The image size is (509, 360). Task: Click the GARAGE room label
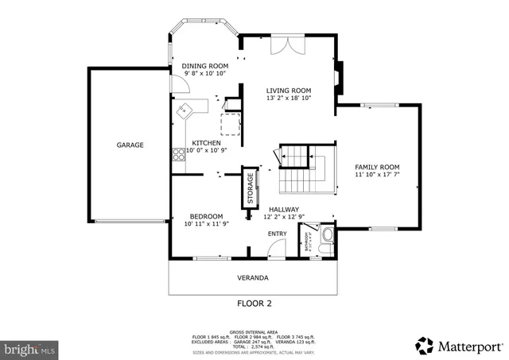pyautogui.click(x=130, y=145)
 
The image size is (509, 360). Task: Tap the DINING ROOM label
pyautogui.click(x=204, y=66)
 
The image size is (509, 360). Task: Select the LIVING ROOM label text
pyautogui.click(x=288, y=91)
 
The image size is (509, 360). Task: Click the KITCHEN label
pyautogui.click(x=206, y=143)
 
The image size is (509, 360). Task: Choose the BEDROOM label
pyautogui.click(x=205, y=216)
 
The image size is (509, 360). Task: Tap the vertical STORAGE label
pyautogui.click(x=249, y=188)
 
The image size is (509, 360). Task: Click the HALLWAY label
pyautogui.click(x=283, y=209)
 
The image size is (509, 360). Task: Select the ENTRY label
pyautogui.click(x=277, y=233)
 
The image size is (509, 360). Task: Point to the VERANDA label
pyautogui.click(x=253, y=278)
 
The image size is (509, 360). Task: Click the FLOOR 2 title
pyautogui.click(x=254, y=303)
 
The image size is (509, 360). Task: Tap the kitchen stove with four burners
pyautogui.click(x=178, y=155)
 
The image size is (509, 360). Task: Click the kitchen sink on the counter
pyautogui.click(x=184, y=110)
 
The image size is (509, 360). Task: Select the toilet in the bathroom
pyautogui.click(x=326, y=236)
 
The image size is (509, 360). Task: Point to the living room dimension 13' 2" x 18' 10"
pyautogui.click(x=288, y=99)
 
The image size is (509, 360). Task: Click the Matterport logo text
pyautogui.click(x=469, y=346)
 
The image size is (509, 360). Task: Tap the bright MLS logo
pyautogui.click(x=30, y=348)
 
